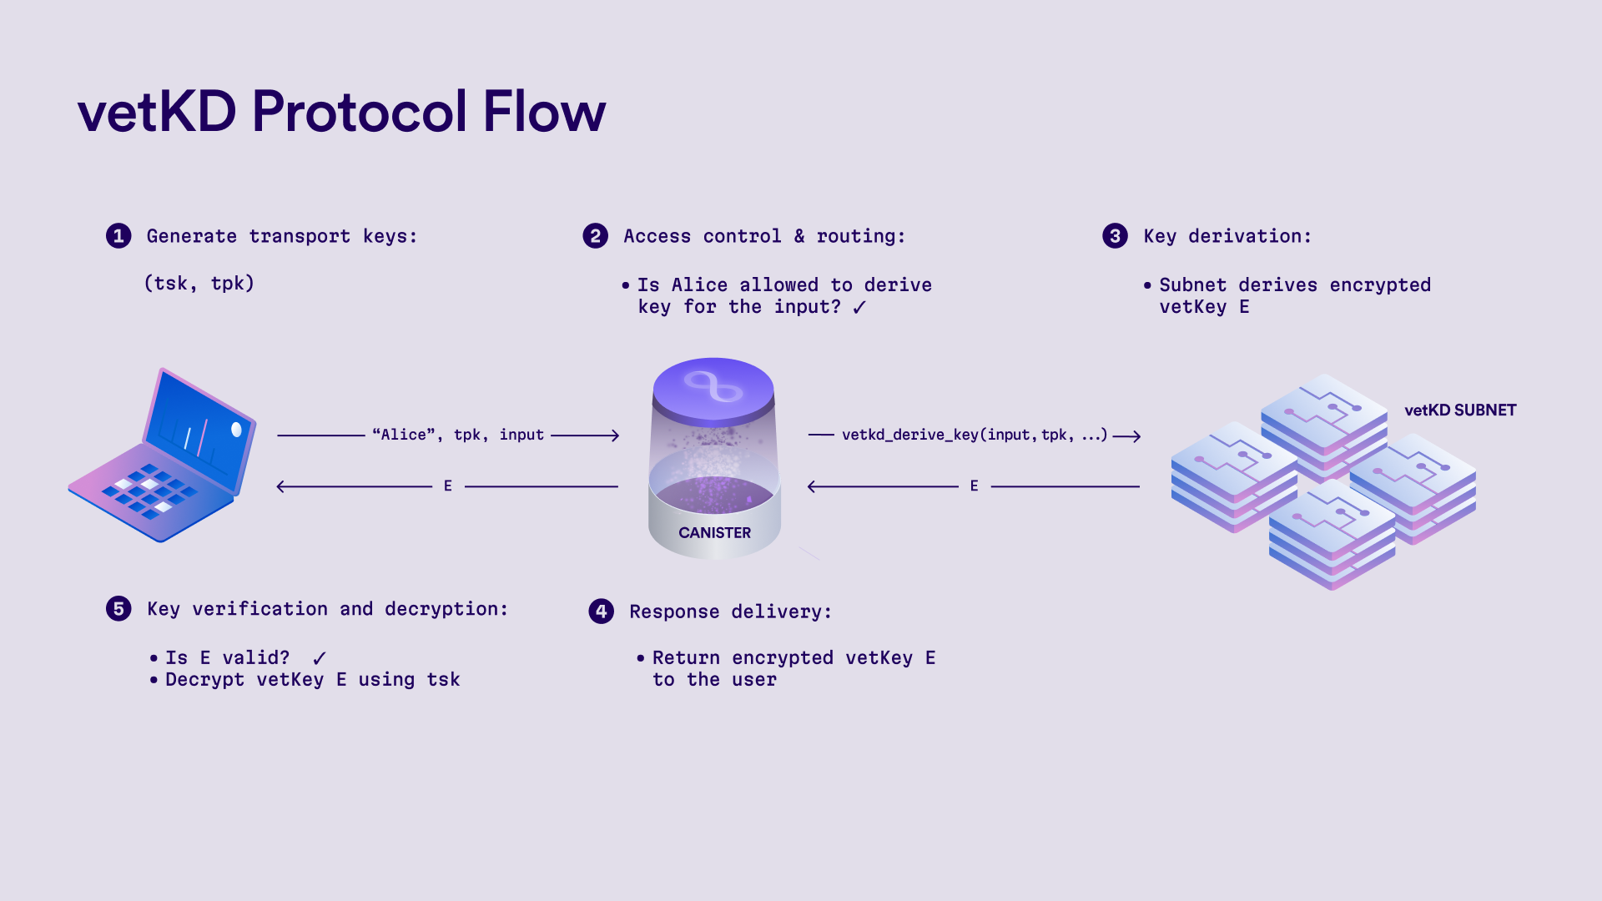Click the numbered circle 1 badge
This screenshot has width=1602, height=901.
pyautogui.click(x=118, y=236)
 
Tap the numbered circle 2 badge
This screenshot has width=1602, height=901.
pyautogui.click(x=595, y=236)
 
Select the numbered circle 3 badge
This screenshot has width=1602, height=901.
pyautogui.click(x=1115, y=236)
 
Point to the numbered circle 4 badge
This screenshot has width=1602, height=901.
pyautogui.click(x=601, y=612)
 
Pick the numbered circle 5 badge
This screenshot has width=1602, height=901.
pyautogui.click(x=118, y=609)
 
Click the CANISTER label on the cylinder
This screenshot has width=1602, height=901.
pyautogui.click(x=714, y=533)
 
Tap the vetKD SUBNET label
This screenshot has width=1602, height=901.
pyautogui.click(x=1459, y=410)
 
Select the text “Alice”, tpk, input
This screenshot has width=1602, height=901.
pyautogui.click(x=458, y=435)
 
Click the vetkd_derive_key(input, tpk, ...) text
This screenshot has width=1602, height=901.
pyautogui.click(x=975, y=435)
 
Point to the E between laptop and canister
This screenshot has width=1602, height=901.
pyautogui.click(x=448, y=486)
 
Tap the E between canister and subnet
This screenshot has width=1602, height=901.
pyautogui.click(x=974, y=486)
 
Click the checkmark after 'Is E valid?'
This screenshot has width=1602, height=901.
pyautogui.click(x=319, y=658)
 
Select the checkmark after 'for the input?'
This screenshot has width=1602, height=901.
pyautogui.click(x=859, y=307)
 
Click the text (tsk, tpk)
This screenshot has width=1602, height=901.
pyautogui.click(x=199, y=284)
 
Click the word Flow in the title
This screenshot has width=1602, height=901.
pyautogui.click(x=544, y=112)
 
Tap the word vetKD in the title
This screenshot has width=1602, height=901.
pyautogui.click(x=157, y=112)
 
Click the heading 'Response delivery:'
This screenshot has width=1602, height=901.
pyautogui.click(x=730, y=612)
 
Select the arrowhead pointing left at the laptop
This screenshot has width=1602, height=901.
pyautogui.click(x=281, y=486)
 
